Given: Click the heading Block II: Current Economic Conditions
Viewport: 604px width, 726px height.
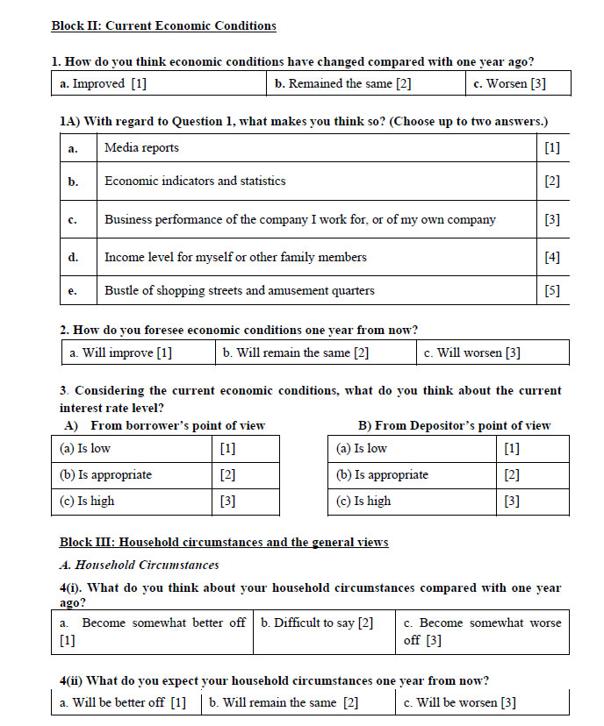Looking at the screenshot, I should tap(164, 25).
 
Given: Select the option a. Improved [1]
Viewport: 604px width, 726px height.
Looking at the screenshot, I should tap(103, 83).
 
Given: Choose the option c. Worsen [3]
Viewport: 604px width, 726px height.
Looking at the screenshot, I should tap(508, 83).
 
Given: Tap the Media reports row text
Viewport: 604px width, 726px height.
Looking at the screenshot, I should tap(141, 147).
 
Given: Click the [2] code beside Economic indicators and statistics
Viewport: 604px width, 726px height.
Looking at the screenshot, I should tap(551, 181).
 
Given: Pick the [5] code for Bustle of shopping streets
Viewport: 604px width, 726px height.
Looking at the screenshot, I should tap(551, 290).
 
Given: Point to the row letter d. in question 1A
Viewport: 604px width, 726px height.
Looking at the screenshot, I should tap(73, 257).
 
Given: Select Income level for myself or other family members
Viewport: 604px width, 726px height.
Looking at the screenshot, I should tap(235, 257).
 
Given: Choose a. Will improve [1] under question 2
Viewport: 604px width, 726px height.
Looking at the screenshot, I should tap(120, 352).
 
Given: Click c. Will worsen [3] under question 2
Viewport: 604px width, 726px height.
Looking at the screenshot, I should tap(471, 352).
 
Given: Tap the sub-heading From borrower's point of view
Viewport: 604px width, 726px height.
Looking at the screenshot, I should tap(177, 425).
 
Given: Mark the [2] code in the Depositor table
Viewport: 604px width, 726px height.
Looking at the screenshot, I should tap(512, 474).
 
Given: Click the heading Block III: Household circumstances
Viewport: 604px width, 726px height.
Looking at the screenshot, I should tap(224, 542).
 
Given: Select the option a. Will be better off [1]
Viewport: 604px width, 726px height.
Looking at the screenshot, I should tap(123, 702).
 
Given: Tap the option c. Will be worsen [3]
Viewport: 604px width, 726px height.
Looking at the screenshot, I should tap(459, 702).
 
